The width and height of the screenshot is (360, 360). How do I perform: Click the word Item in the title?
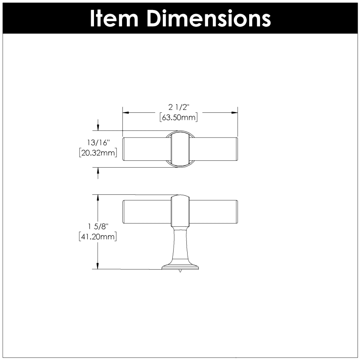coord(114,18)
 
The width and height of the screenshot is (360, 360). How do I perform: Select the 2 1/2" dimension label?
coord(179,107)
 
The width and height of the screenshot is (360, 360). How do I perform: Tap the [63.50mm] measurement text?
coord(179,118)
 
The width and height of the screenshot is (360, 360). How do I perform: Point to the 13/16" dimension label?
coord(97,142)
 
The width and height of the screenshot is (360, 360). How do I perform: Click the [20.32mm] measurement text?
coord(98,153)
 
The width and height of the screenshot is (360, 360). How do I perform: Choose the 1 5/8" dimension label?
coord(98,227)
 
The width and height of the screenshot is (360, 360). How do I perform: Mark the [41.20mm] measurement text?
coord(98,236)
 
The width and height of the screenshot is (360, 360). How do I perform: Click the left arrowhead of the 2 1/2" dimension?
coord(126,113)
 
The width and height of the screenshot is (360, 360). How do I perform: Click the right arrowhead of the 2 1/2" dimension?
coord(234,113)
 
